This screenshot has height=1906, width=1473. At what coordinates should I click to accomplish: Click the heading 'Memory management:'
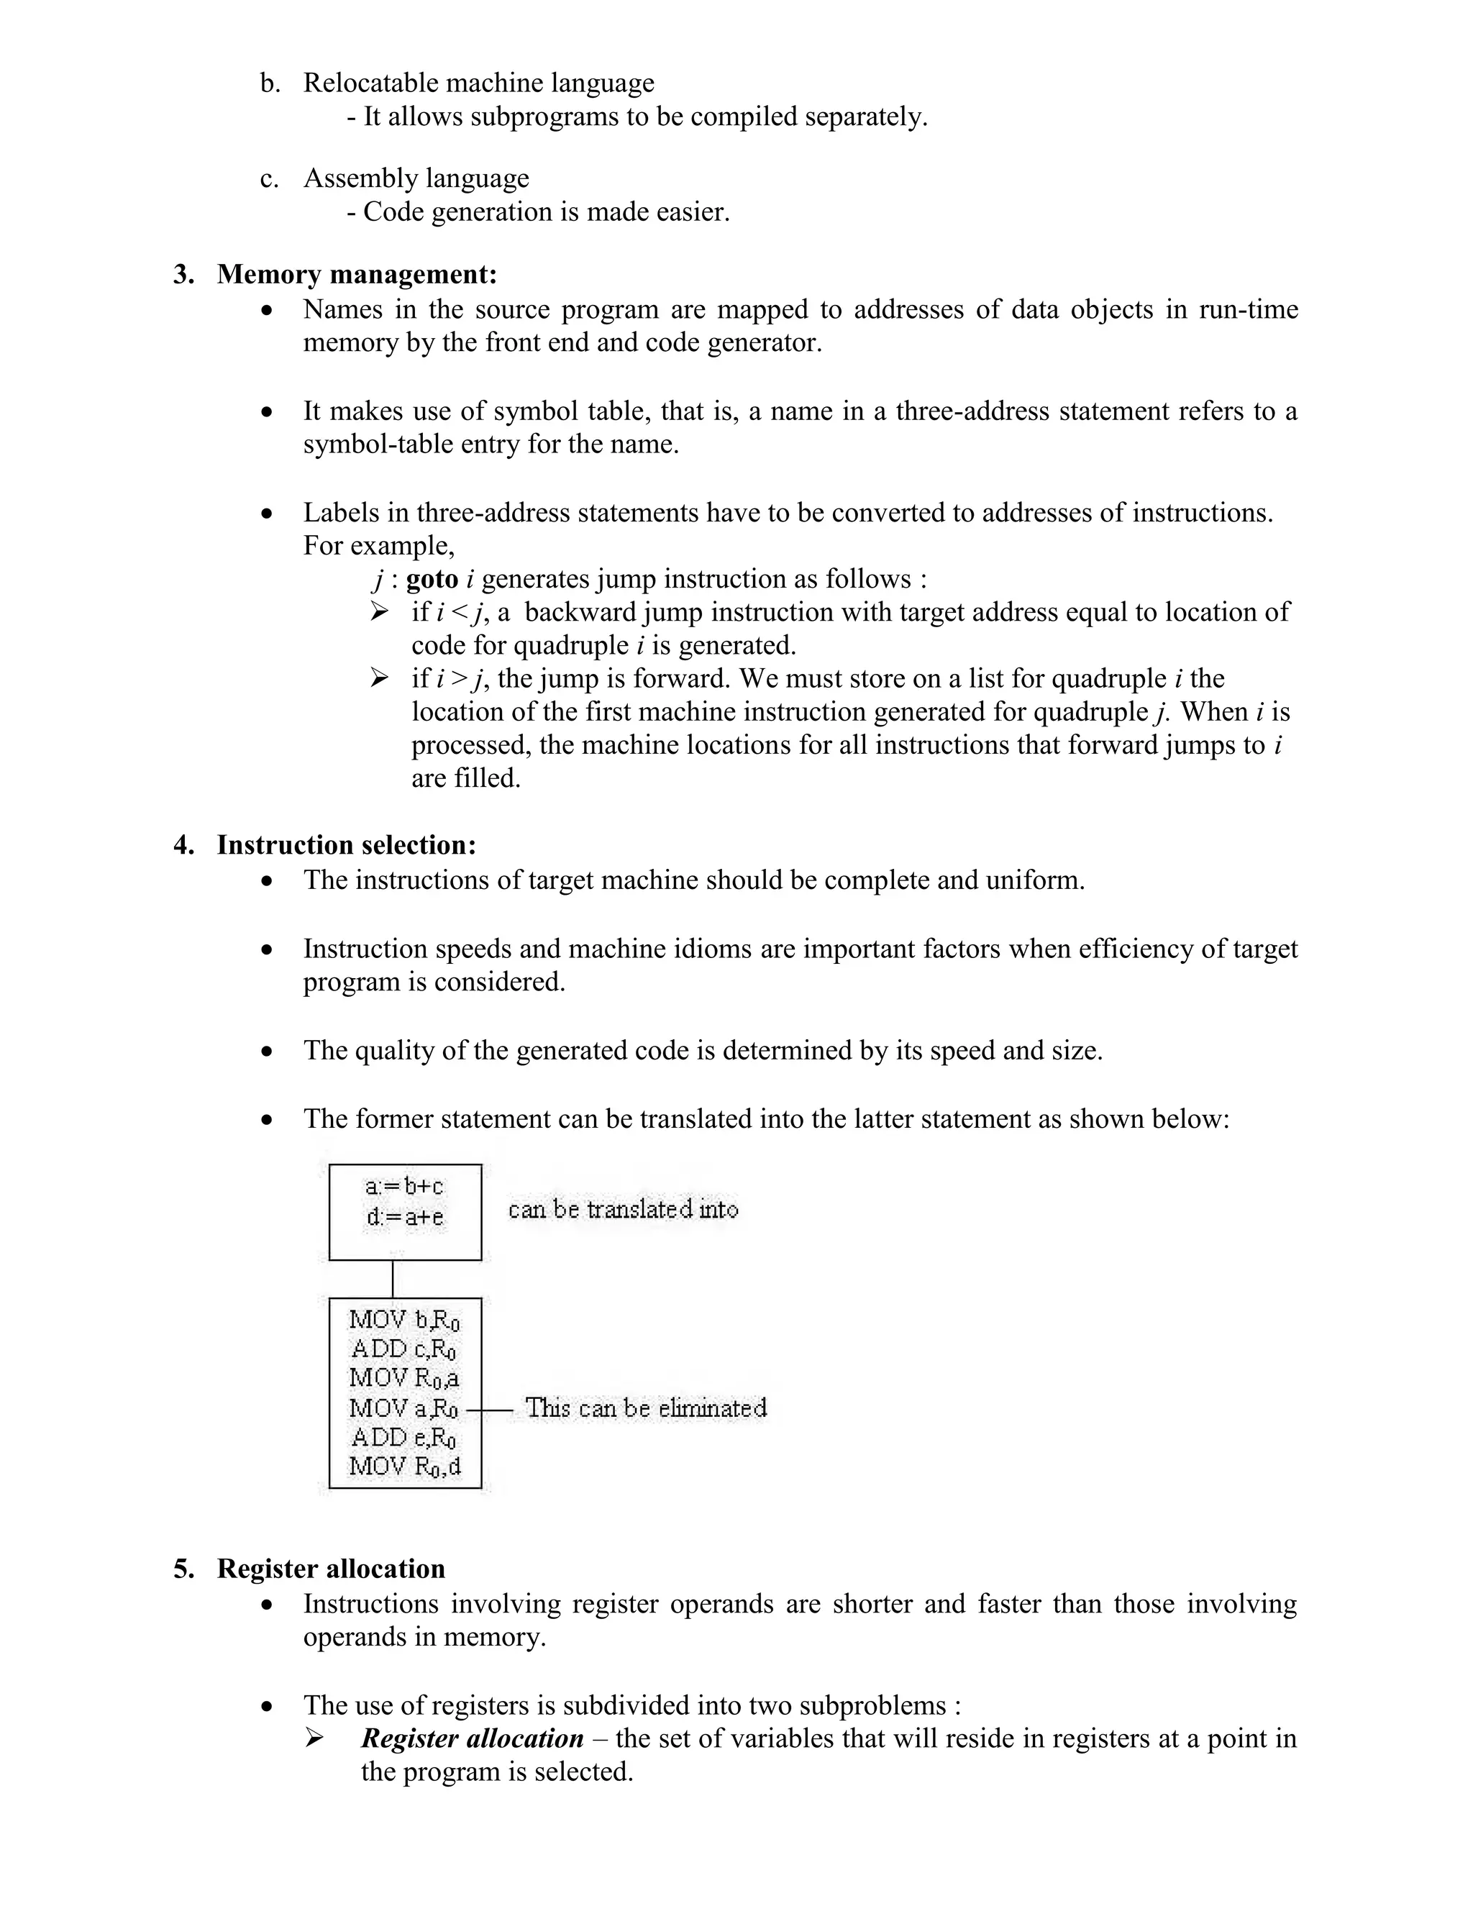(x=357, y=274)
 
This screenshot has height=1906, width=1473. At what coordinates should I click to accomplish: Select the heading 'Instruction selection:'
(x=347, y=845)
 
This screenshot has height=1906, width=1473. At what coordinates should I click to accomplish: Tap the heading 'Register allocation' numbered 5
(x=331, y=1568)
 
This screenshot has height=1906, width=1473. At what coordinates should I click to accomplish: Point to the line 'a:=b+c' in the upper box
(x=404, y=1187)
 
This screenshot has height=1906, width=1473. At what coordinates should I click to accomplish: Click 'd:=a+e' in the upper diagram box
(x=405, y=1216)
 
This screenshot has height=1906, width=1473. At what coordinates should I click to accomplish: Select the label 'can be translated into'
(x=623, y=1210)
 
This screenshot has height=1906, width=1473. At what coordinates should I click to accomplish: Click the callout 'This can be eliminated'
(x=646, y=1408)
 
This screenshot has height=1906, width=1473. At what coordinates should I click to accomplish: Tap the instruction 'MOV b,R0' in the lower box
(x=404, y=1321)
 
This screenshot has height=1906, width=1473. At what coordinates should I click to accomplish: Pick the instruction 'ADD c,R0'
(x=404, y=1349)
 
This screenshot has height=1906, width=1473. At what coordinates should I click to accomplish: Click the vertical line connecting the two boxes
(x=393, y=1279)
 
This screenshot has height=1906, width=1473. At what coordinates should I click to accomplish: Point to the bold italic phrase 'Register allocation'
(x=472, y=1738)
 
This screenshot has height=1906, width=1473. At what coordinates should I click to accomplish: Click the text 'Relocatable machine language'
(x=478, y=83)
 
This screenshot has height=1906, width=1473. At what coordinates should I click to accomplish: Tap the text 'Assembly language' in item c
(x=416, y=178)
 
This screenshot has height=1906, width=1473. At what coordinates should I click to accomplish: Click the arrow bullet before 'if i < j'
(x=379, y=612)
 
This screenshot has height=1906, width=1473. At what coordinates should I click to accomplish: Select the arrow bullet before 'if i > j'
(x=379, y=678)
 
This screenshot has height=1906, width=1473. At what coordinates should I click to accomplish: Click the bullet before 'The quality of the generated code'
(x=267, y=1052)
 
